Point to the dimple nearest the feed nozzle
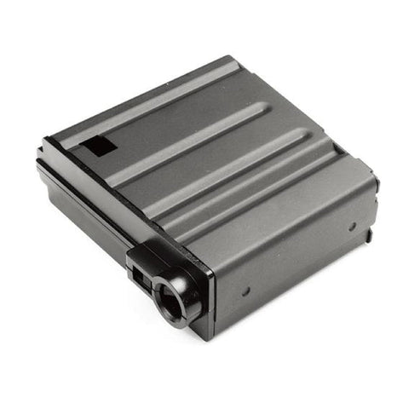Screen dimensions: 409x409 click(245, 291)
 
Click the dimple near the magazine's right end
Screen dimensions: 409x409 click(351, 227)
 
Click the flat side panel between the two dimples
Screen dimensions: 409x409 click(298, 256)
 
